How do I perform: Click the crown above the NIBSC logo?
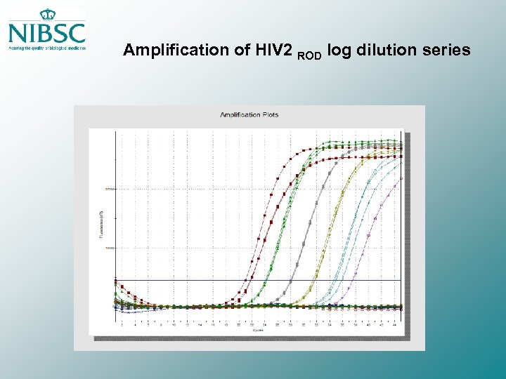[x=47, y=14]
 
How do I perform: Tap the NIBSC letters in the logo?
[x=47, y=33]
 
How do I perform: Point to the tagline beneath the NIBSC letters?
[x=47, y=48]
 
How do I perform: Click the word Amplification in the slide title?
[x=166, y=51]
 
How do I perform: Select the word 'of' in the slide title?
[x=220, y=51]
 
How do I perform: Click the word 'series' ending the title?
[x=443, y=51]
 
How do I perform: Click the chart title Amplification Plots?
[x=249, y=114]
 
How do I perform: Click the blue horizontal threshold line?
[x=183, y=280]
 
